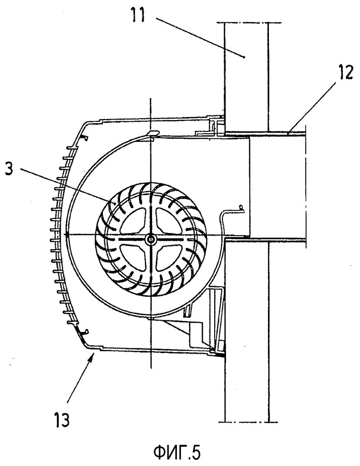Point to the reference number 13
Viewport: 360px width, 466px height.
[62, 420]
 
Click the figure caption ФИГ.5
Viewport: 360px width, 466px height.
[177, 453]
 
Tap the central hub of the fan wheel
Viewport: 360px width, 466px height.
[151, 238]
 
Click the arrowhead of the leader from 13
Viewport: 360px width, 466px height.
[93, 355]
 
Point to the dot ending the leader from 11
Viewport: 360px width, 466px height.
[244, 57]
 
